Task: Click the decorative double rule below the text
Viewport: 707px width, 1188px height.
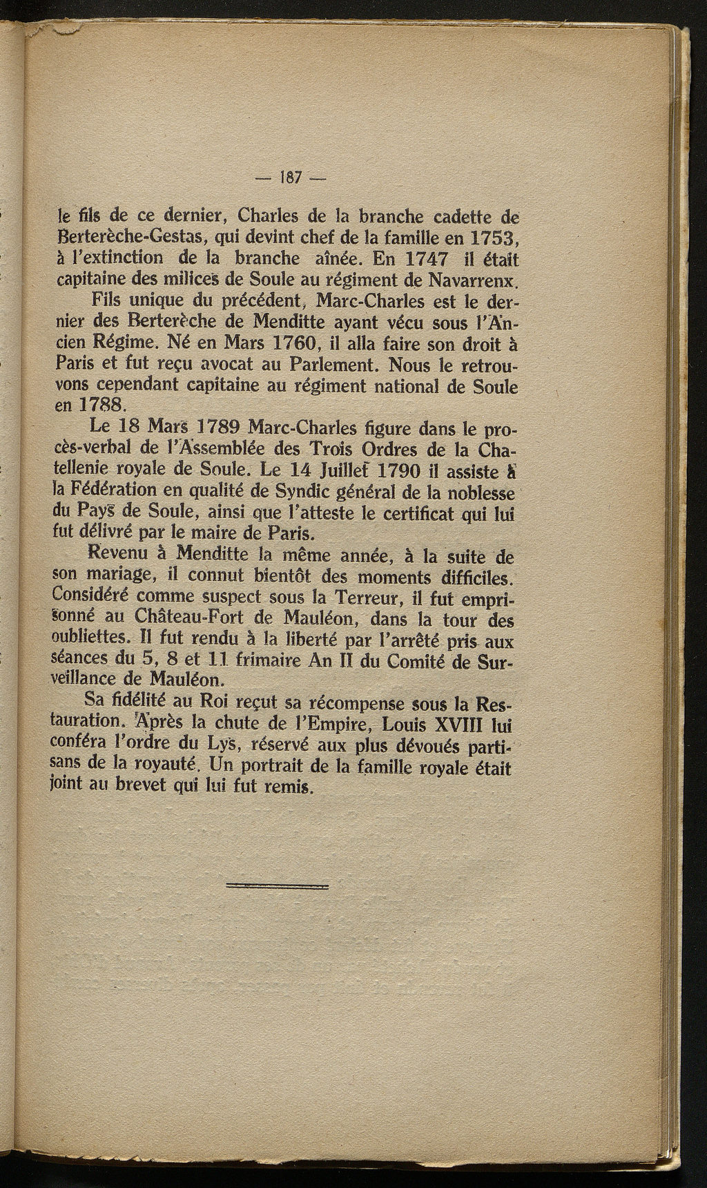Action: coord(277,885)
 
